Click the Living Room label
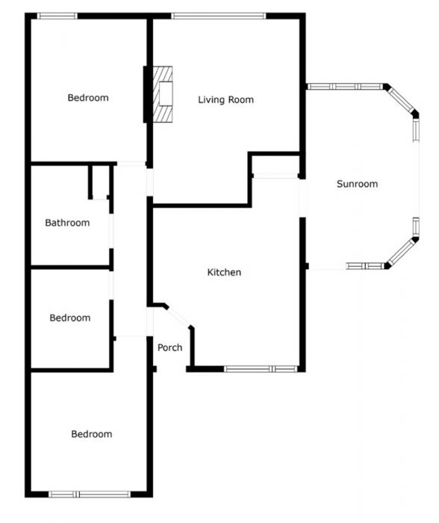(x=225, y=99)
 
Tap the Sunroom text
(x=357, y=184)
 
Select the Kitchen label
(x=224, y=273)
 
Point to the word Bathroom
(x=67, y=223)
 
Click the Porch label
(x=169, y=347)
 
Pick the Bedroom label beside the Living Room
(x=88, y=98)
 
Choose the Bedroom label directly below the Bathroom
(x=70, y=318)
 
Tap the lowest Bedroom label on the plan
(x=91, y=434)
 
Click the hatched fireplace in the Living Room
(x=163, y=93)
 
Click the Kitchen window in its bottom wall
(x=261, y=368)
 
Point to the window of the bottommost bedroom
(x=90, y=494)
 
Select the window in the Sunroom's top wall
(x=345, y=87)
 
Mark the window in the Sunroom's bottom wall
(x=364, y=266)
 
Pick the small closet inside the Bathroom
(x=100, y=182)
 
